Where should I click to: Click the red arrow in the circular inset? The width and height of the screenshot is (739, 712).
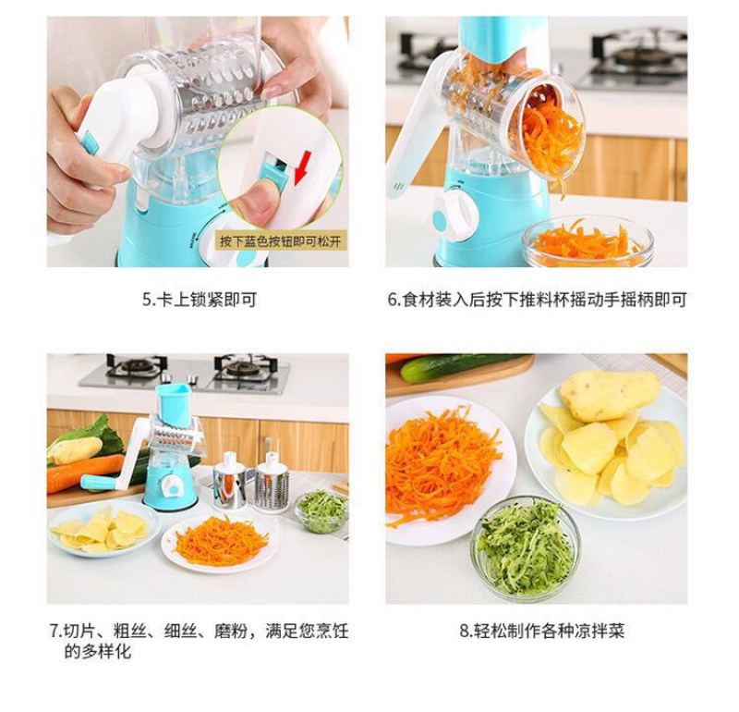click(x=303, y=167)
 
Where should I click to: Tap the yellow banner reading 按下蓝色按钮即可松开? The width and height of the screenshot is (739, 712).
click(x=280, y=241)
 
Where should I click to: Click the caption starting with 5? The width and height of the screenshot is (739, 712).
click(x=200, y=300)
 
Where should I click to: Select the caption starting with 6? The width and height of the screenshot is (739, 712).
click(x=537, y=300)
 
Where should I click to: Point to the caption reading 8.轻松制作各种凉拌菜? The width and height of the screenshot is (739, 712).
click(x=542, y=631)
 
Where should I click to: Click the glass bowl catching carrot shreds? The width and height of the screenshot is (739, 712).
click(x=588, y=241)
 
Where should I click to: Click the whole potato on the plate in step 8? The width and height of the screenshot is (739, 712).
click(x=610, y=396)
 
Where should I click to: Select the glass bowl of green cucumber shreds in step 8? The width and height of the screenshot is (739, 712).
click(x=526, y=548)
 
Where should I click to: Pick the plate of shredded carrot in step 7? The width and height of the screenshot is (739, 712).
click(x=219, y=543)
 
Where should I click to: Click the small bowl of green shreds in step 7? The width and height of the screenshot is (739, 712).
click(x=322, y=511)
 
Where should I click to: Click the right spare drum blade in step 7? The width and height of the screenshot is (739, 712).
click(x=272, y=484)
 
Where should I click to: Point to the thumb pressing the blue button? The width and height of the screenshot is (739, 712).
click(x=255, y=201)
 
